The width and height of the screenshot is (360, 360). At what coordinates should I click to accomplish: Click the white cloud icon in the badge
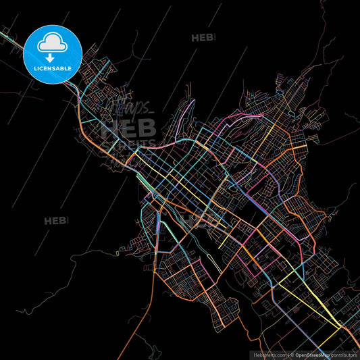(x=53, y=42)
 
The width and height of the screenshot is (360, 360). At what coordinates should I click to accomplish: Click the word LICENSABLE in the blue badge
(x=53, y=68)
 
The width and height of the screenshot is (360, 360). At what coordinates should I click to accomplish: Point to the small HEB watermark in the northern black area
(x=203, y=38)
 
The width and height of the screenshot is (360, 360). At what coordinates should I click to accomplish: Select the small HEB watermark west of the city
(x=55, y=220)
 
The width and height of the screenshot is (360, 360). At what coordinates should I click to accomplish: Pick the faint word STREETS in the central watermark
(x=128, y=145)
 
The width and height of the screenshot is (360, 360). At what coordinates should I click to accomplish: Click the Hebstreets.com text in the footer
(x=268, y=354)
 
